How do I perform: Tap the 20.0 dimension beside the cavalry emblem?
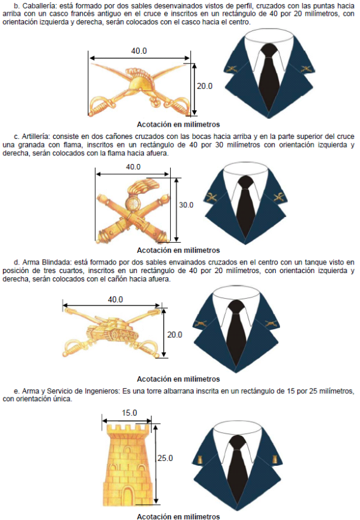[x=204, y=86]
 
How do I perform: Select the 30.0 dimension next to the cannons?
[x=186, y=205]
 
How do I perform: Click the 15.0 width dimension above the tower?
[x=129, y=413]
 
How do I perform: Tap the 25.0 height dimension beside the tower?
[x=165, y=458]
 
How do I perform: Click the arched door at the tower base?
[x=128, y=496]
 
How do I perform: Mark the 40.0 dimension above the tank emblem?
[x=115, y=299]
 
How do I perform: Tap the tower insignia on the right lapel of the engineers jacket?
[x=275, y=459]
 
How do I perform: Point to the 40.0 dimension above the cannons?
[x=133, y=167]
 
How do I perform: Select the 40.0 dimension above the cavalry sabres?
[x=139, y=51]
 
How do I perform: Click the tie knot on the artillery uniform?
[x=246, y=182]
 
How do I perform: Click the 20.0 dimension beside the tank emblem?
[x=175, y=335]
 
